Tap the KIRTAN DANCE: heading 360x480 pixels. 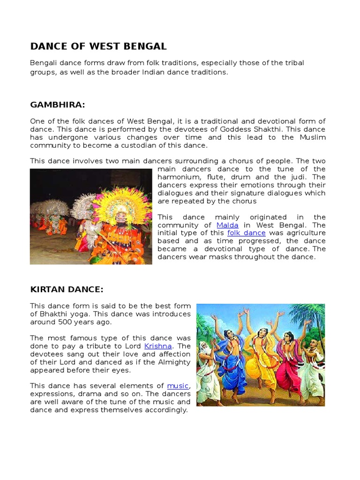pos(67,289)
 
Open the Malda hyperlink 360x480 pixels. pos(227,225)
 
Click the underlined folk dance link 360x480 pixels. pos(246,233)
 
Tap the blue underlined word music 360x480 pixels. pos(178,386)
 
